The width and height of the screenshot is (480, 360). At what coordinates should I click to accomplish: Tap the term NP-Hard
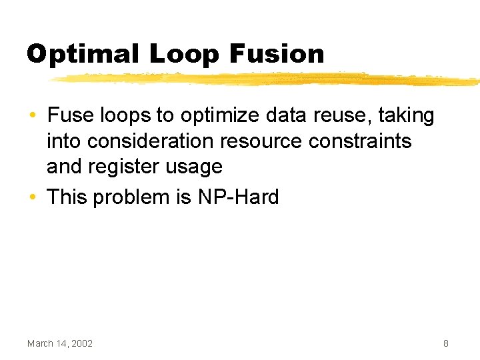239,197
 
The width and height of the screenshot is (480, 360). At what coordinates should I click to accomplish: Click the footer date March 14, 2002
60,343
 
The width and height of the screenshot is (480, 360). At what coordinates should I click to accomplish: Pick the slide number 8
445,343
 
